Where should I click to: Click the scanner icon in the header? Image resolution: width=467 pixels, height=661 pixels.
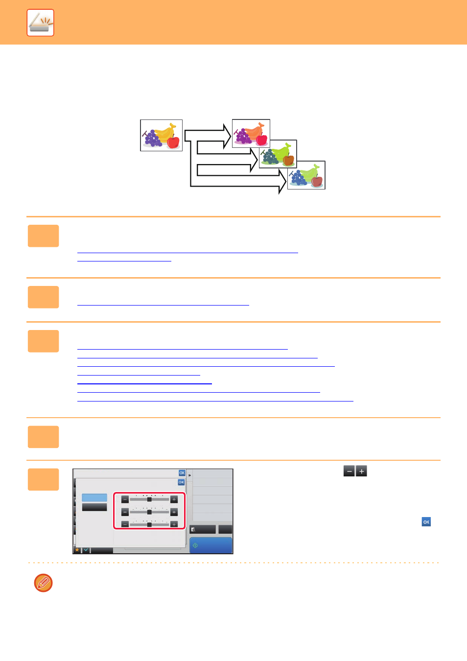click(x=40, y=23)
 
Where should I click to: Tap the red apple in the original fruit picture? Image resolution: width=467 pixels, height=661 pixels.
click(x=173, y=142)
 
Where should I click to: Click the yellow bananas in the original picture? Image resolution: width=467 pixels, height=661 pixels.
click(x=164, y=133)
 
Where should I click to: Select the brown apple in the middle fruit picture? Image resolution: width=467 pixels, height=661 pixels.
click(x=288, y=160)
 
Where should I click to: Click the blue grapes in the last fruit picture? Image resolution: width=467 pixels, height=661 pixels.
click(x=298, y=178)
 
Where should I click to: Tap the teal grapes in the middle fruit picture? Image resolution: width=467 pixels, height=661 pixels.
click(x=270, y=156)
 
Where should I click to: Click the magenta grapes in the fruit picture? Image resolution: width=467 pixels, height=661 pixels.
click(x=242, y=136)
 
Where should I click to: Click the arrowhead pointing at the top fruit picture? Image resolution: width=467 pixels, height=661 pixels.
click(x=227, y=136)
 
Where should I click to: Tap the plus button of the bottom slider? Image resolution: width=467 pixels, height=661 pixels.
click(x=174, y=524)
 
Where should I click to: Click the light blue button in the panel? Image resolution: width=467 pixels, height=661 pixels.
click(x=94, y=497)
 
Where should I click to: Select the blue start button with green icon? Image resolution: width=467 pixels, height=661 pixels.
click(x=210, y=545)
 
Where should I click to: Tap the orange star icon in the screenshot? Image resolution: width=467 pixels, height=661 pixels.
click(x=77, y=550)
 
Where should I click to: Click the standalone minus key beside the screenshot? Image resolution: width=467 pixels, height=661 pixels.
click(x=349, y=471)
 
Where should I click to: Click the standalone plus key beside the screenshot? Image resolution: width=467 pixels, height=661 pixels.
click(x=361, y=471)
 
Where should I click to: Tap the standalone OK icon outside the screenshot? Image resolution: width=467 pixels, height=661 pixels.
click(x=426, y=522)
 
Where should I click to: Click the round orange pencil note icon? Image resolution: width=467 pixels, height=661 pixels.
click(x=44, y=583)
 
